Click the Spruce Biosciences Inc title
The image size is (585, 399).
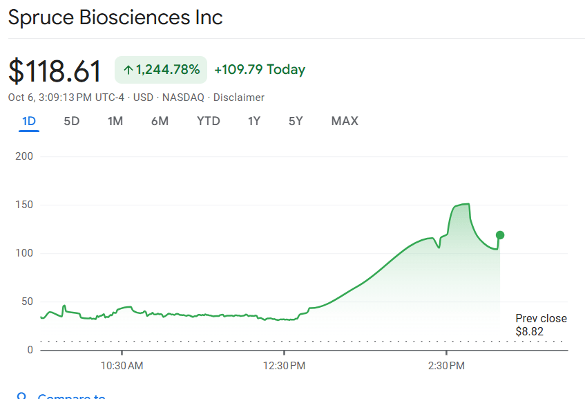[x=115, y=17]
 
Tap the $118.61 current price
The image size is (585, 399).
[x=55, y=71]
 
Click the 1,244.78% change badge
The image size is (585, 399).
[x=161, y=69]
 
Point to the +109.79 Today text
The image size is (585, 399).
[x=260, y=69]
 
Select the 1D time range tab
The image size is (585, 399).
[x=29, y=121]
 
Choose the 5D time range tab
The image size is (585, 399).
[x=72, y=121]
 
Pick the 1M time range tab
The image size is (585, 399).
[x=115, y=121]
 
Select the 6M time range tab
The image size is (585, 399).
[x=160, y=121]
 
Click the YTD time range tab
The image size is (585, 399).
[x=208, y=121]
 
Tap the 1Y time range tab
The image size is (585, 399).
[x=254, y=121]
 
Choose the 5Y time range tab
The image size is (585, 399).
[x=296, y=121]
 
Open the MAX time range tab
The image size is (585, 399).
[x=345, y=121]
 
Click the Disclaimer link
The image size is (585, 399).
[x=239, y=98]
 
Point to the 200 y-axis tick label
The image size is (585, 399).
[x=24, y=156]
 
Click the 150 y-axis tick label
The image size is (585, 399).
[x=24, y=205]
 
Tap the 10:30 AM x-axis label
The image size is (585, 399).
[x=122, y=364]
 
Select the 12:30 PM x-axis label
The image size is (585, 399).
[x=285, y=364]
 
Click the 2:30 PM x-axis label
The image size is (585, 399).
[x=447, y=364]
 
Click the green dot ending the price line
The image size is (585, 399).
[x=500, y=235]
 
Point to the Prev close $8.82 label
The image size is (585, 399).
[x=541, y=325]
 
